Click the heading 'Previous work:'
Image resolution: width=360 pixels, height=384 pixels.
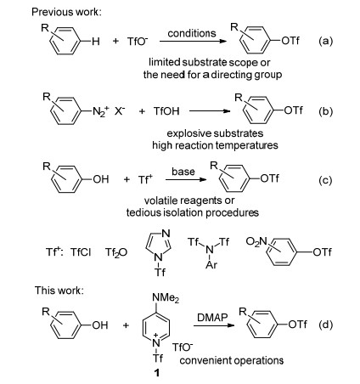tap(66, 12)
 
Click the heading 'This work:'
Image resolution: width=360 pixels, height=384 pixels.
tap(59, 291)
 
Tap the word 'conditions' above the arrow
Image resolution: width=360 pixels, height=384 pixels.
tap(192, 33)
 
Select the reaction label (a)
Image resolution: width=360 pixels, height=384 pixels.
tap(326, 42)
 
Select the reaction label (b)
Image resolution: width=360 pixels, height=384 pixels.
tap(326, 111)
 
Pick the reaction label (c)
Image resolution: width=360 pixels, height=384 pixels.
tap(325, 180)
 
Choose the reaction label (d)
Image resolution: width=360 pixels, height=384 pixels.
tap(326, 325)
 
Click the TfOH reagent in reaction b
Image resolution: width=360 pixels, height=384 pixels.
tap(166, 111)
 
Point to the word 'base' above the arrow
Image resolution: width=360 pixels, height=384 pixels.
tap(183, 172)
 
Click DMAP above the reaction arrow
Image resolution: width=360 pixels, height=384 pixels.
tap(212, 318)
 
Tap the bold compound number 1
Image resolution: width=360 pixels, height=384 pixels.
tap(156, 373)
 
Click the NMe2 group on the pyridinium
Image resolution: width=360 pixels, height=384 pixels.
tap(166, 298)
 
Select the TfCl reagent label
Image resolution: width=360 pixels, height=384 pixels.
tap(81, 251)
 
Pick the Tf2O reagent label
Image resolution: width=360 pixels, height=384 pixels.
tap(116, 252)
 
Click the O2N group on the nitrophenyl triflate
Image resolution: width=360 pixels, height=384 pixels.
tap(256, 242)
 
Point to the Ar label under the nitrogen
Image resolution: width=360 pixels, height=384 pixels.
tap(211, 265)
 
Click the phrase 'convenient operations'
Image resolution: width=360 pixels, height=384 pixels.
tap(232, 360)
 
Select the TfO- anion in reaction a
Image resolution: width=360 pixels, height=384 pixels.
tap(138, 42)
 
